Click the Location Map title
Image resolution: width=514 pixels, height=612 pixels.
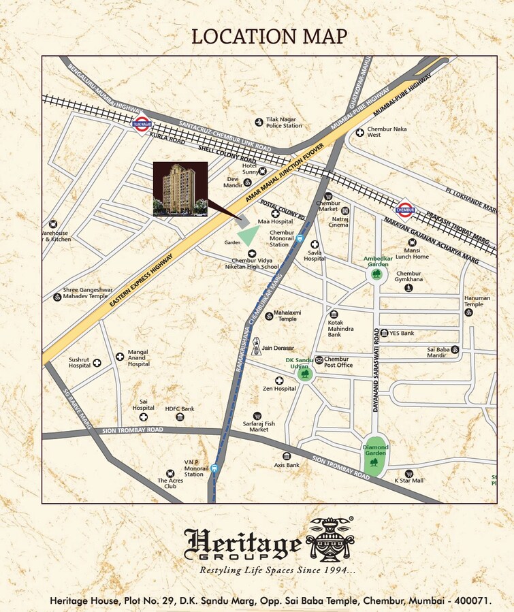tap(269, 36)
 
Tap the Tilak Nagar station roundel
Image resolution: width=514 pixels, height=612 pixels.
tap(142, 125)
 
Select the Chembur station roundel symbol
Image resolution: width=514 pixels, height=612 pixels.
tap(405, 208)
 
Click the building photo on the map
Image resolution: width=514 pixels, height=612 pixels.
tap(180, 189)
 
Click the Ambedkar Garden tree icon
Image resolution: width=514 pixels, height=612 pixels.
tap(376, 274)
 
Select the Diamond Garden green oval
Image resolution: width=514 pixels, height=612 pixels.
tap(374, 456)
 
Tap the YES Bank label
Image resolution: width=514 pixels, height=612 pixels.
tap(401, 333)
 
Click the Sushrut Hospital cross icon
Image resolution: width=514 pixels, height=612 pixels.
tap(97, 363)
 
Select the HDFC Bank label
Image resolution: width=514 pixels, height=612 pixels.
tap(180, 408)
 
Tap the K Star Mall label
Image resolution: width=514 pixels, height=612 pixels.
tap(408, 481)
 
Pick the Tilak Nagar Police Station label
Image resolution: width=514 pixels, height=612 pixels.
tap(284, 122)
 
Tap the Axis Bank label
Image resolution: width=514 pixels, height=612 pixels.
tap(287, 465)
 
